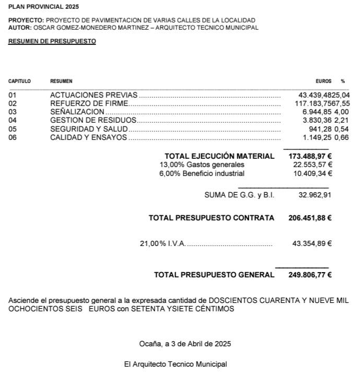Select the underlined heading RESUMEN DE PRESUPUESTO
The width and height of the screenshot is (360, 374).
52,41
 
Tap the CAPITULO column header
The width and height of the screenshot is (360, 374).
19,81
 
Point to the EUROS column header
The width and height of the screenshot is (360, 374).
323,81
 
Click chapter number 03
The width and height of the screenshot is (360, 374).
13,112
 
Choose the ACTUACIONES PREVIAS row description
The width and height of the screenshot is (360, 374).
94,95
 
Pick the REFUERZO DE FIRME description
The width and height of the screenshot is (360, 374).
89,103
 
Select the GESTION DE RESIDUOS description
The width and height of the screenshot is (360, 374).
93,120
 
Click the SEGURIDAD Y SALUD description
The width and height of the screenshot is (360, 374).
89,129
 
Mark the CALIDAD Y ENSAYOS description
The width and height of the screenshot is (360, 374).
88,137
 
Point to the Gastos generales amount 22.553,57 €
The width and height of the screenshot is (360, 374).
312,165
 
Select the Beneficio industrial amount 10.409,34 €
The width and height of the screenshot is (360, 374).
312,173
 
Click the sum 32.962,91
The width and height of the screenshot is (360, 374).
315,195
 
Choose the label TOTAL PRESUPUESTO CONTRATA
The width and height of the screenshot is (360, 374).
211,218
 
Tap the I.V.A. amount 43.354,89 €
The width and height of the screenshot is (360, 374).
312,243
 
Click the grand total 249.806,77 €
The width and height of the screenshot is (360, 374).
310,275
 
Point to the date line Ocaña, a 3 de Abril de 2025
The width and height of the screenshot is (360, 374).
185,344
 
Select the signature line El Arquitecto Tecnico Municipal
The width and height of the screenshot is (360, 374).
176,364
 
